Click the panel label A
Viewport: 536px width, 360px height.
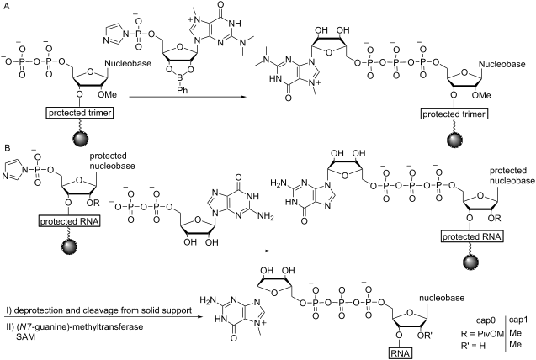tap(7, 6)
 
